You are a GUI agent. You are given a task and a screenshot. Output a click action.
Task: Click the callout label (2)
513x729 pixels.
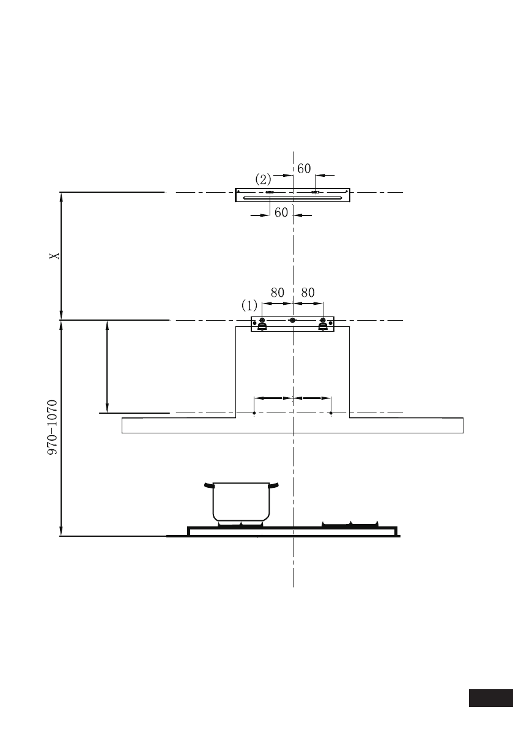pos(264,179)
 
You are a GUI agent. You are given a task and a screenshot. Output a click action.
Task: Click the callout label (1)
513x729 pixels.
pos(249,305)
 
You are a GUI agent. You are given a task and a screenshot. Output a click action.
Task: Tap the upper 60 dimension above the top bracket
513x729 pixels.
pos(304,168)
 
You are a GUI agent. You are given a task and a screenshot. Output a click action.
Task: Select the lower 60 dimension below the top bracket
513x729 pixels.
pos(281,212)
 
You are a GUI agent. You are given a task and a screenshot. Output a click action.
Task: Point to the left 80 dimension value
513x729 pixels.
pos(277,293)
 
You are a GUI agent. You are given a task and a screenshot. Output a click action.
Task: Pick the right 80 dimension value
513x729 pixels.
pos(308,293)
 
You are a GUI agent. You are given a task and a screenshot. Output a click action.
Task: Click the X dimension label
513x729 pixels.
pos(55,256)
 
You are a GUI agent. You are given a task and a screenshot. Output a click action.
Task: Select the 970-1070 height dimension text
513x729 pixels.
pos(53,427)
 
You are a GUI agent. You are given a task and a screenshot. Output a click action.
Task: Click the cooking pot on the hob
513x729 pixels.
pos(242,502)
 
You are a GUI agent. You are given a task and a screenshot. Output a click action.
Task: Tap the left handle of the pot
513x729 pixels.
pos(209,487)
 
